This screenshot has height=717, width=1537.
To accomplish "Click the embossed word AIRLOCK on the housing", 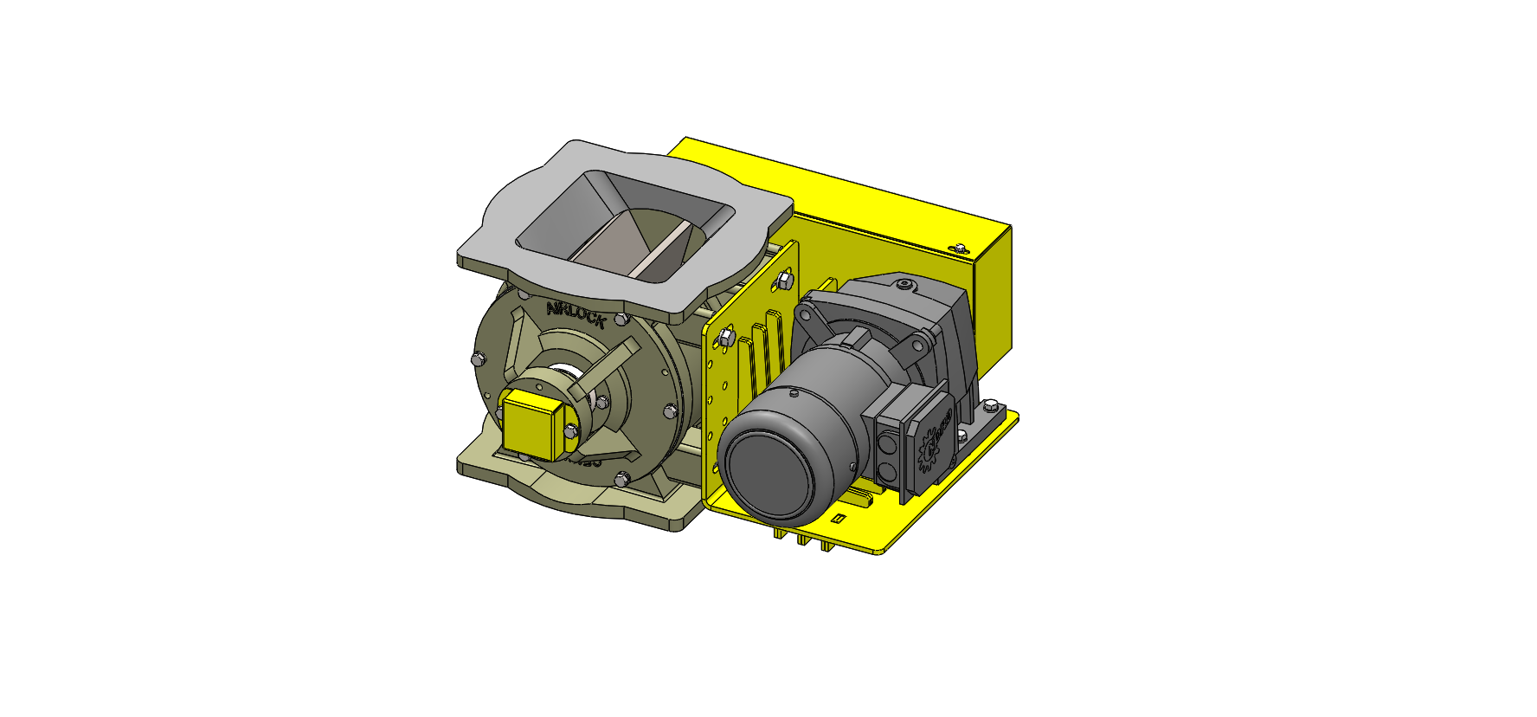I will coord(575,315).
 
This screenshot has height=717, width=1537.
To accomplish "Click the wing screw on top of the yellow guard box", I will coord(958,248).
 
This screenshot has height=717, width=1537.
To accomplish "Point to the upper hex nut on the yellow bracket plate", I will coord(784,279).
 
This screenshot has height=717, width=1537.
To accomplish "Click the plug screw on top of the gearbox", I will coord(904,284).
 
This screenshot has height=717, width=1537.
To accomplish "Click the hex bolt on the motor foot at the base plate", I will coord(988,405).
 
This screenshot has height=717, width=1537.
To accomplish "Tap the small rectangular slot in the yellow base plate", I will coord(838,519).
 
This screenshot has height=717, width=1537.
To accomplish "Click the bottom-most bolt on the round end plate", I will coord(621,478).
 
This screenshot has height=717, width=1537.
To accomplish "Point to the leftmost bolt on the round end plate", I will coord(477,358).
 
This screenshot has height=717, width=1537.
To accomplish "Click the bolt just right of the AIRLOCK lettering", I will coord(620,320).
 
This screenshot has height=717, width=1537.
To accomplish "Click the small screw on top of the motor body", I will coord(794,394).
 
